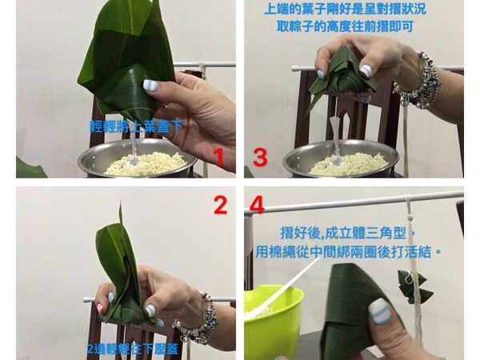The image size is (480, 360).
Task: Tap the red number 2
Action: (220, 206)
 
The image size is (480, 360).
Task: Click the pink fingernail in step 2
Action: (100, 308)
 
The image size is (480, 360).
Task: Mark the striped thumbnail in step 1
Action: (150, 86)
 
